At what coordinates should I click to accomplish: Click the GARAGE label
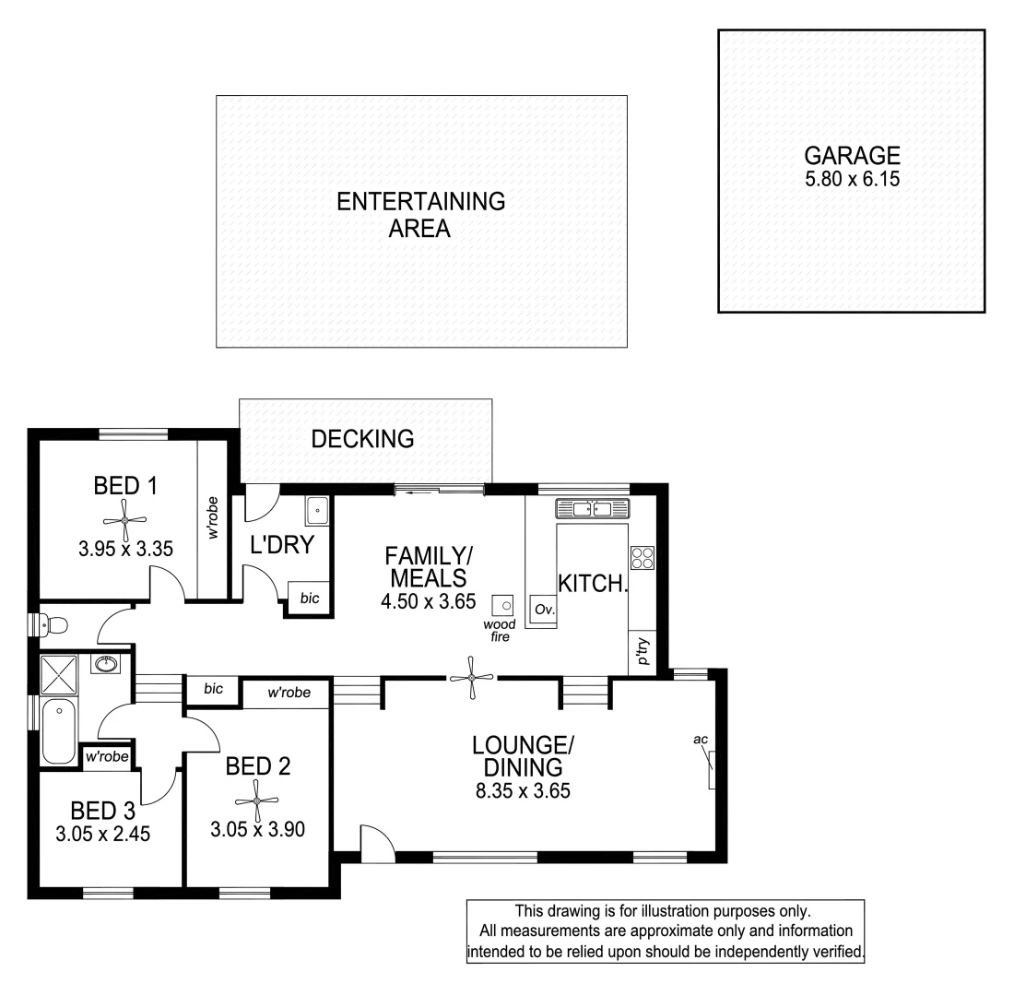(851, 155)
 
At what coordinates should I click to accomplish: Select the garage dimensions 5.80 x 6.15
(851, 179)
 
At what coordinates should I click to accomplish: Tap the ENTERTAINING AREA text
(420, 215)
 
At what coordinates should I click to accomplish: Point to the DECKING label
(362, 440)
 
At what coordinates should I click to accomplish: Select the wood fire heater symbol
(503, 605)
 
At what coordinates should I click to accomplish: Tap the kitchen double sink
(591, 508)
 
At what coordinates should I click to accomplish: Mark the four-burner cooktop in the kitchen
(642, 558)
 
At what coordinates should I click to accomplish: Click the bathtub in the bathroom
(59, 731)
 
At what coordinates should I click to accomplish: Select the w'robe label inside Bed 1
(213, 520)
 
